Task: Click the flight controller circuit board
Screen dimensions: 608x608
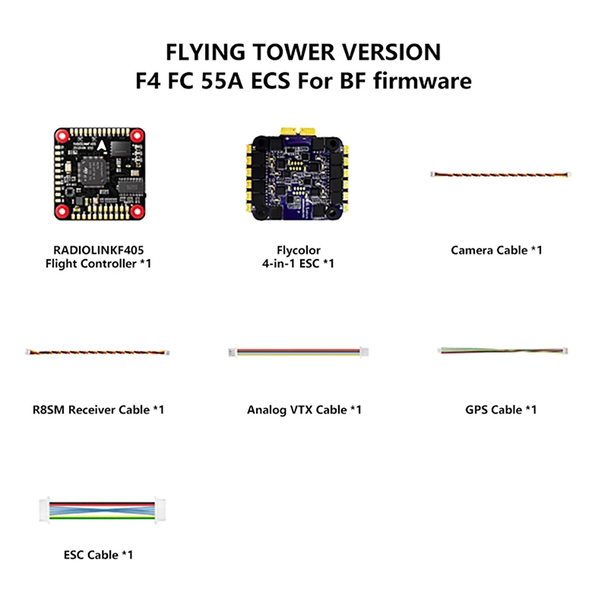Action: pos(98,170)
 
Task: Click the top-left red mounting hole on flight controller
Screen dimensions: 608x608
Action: pos(61,135)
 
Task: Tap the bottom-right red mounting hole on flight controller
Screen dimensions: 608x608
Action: pos(137,210)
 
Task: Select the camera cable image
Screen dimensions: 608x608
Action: pos(499,176)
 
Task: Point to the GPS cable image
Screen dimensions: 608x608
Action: pos(501,350)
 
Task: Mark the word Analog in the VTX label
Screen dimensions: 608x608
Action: pos(265,410)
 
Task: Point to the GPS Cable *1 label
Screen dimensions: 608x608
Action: pos(501,410)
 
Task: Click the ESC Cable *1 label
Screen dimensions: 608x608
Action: pos(98,555)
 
